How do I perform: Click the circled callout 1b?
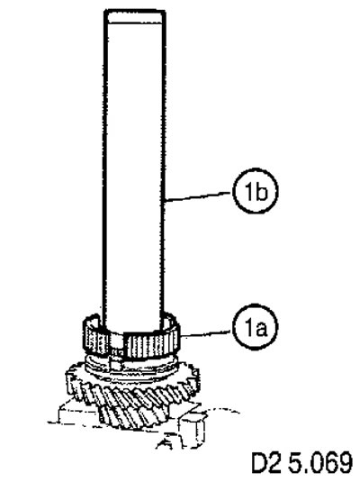tap(255, 191)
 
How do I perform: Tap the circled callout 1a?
tap(255, 327)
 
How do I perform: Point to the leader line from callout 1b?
tap(198, 197)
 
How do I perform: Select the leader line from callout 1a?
tap(206, 334)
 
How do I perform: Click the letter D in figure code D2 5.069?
tap(260, 462)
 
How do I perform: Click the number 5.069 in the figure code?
tap(320, 462)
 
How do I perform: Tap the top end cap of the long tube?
tap(134, 16)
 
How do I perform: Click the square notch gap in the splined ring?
tap(116, 346)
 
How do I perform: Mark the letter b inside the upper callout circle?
tap(261, 192)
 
